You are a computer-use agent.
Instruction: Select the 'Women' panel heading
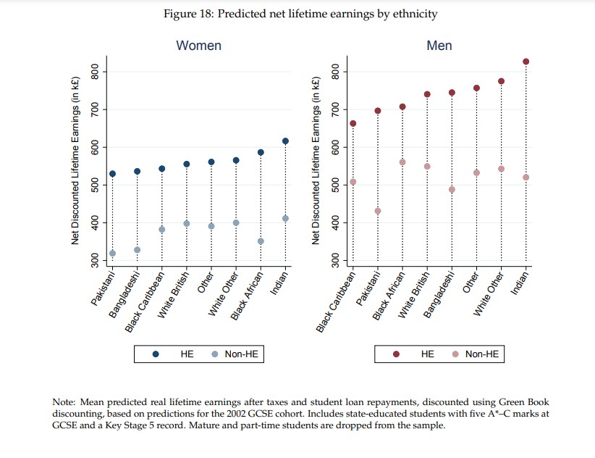tap(198, 46)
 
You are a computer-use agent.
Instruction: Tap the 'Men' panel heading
tap(439, 46)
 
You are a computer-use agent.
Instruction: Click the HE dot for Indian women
tap(285, 141)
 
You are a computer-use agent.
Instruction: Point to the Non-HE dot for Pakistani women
tap(112, 254)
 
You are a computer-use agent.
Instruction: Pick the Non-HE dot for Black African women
tap(261, 241)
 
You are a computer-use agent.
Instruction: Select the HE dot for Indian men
tap(526, 62)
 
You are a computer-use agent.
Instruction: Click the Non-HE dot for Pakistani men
tap(377, 211)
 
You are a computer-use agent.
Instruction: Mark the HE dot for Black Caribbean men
tap(353, 123)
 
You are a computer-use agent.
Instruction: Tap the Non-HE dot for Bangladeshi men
tap(452, 190)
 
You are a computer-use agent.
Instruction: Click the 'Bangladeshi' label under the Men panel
tap(442, 296)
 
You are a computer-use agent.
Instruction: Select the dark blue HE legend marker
tap(156, 354)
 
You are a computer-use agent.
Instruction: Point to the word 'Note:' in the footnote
tap(65, 401)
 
